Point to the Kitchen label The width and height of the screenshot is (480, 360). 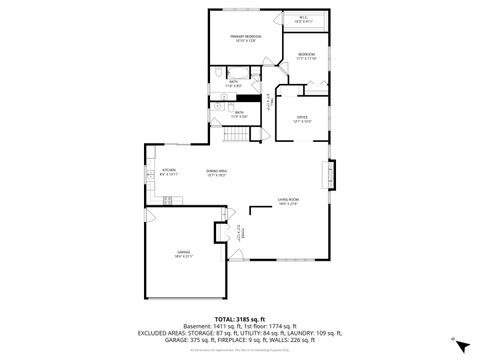[x=169, y=171]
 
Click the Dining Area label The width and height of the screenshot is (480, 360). [x=215, y=171]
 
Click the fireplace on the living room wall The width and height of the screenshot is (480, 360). [x=332, y=178]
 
